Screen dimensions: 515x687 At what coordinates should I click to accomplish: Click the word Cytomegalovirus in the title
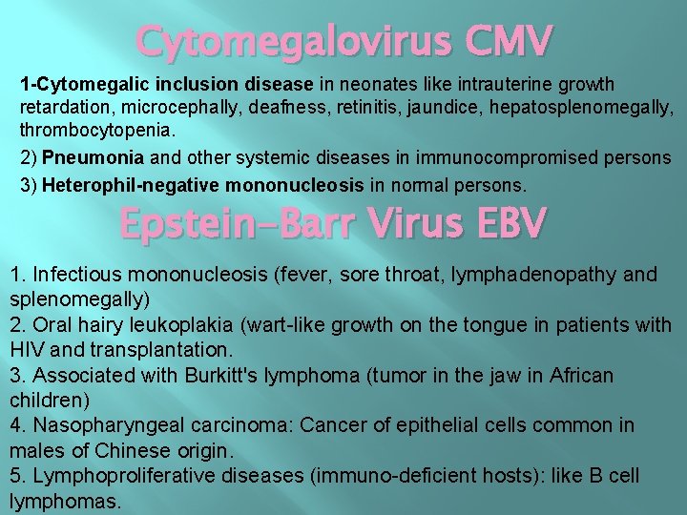(x=286, y=40)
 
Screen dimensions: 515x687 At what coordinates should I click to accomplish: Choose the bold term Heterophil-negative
(x=122, y=183)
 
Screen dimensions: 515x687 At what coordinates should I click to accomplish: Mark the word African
(x=581, y=375)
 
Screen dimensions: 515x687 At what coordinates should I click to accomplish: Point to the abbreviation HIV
(x=29, y=350)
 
